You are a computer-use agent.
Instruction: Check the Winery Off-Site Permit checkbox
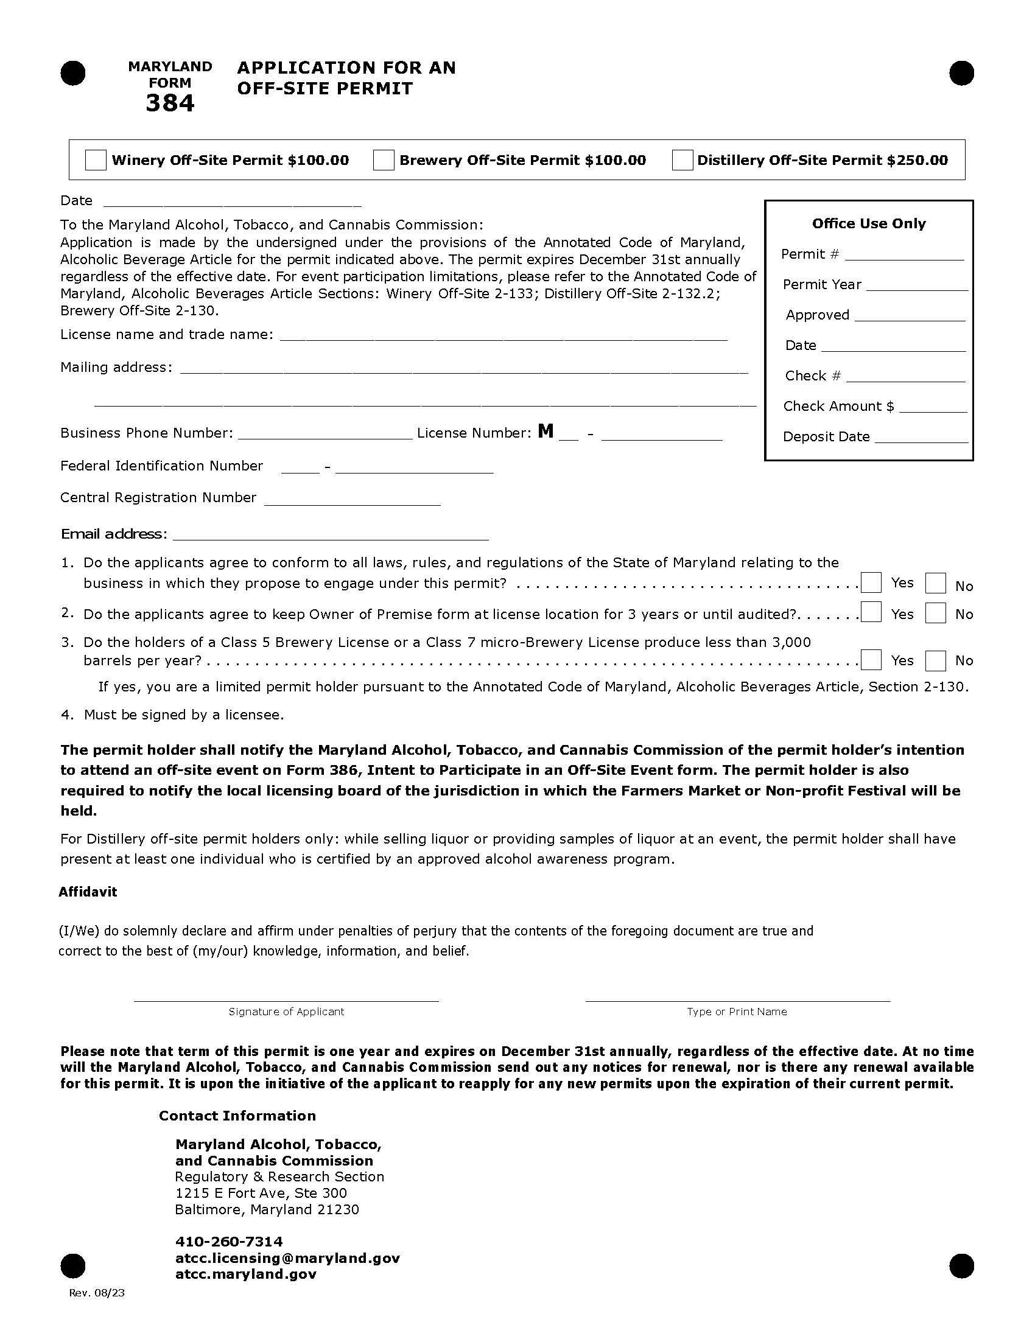[x=95, y=160]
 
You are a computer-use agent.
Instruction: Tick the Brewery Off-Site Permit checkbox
[x=384, y=160]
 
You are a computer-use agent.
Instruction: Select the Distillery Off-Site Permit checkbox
[x=682, y=160]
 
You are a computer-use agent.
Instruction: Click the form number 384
[x=170, y=103]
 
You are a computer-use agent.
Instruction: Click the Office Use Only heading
[x=868, y=224]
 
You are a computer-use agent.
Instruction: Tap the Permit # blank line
[x=903, y=256]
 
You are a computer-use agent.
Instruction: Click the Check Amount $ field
[x=932, y=408]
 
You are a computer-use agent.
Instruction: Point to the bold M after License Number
[x=545, y=432]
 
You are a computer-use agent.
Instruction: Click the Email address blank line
[x=331, y=536]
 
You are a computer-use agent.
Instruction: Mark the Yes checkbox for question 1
[x=871, y=582]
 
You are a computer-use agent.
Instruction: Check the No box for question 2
[x=935, y=613]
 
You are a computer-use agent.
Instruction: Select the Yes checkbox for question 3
[x=871, y=660]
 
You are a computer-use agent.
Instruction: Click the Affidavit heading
[x=88, y=892]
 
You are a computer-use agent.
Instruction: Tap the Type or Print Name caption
[x=737, y=1012]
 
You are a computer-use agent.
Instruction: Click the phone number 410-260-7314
[x=229, y=1242]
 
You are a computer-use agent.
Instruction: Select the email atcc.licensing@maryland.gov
[x=287, y=1258]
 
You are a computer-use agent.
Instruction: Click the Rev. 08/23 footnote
[x=96, y=1293]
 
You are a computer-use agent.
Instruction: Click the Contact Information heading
[x=237, y=1116]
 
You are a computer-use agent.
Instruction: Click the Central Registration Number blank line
[x=352, y=501]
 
